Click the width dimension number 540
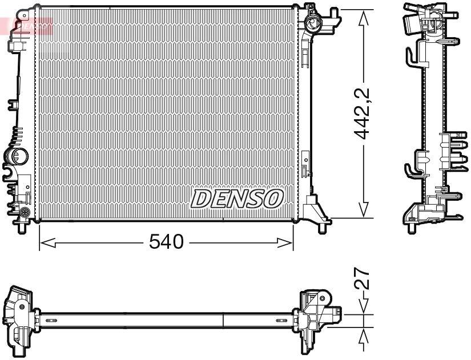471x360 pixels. tap(166, 242)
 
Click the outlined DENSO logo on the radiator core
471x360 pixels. tap(237, 199)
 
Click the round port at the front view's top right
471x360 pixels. tap(312, 24)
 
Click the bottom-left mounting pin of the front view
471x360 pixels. tap(22, 226)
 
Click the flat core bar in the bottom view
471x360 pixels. tap(166, 319)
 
